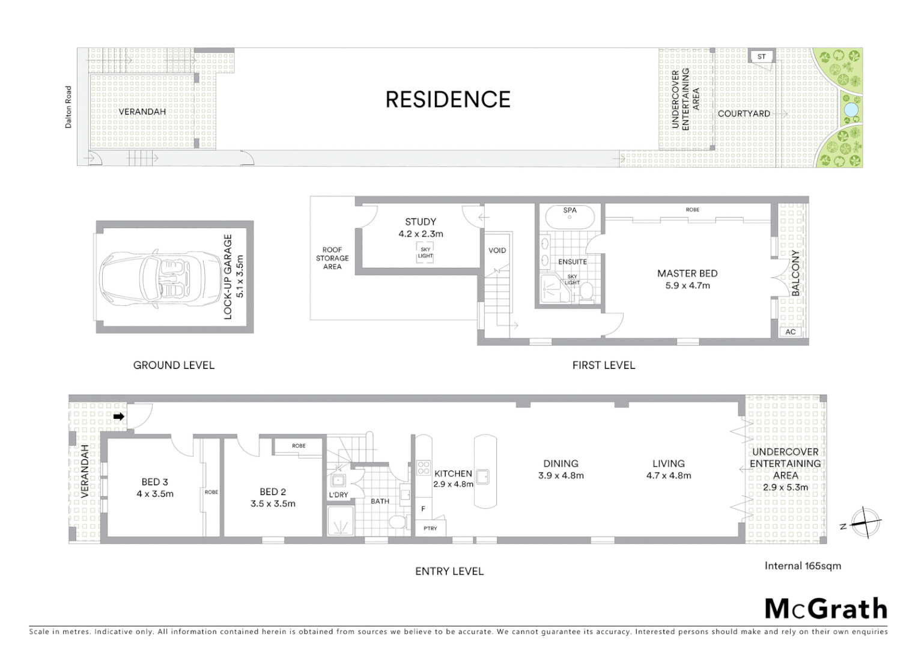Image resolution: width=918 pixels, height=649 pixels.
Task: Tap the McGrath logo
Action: pos(825,609)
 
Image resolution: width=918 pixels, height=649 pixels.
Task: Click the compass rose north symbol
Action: pos(865,522)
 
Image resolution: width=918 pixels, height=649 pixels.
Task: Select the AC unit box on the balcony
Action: pos(790,332)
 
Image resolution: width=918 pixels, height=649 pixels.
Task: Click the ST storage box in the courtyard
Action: pos(761,56)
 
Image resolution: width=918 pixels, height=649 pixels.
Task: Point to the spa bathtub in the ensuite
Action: pos(570,216)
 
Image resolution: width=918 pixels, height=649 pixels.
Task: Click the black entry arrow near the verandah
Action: pos(119,416)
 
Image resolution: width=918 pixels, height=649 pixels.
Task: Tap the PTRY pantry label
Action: pos(430,528)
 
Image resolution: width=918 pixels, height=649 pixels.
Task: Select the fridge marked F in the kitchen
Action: pos(423,508)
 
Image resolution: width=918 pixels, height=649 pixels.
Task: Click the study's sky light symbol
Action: pos(425,252)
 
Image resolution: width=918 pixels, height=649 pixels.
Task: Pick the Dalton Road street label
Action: pos(68,107)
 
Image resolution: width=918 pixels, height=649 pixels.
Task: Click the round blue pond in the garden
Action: pos(851,110)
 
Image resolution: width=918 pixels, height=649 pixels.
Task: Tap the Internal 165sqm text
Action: pos(802,565)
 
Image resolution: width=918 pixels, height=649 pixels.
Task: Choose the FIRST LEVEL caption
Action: pos(603,365)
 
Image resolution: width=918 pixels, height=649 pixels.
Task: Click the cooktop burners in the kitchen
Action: pos(423,467)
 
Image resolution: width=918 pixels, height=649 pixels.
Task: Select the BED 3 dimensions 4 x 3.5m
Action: pos(155,494)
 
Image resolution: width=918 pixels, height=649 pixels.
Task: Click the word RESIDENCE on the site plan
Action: pos(448,100)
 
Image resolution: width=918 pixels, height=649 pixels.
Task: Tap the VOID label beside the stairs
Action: pos(497,250)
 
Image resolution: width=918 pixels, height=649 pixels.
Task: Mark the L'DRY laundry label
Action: pos(338,495)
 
